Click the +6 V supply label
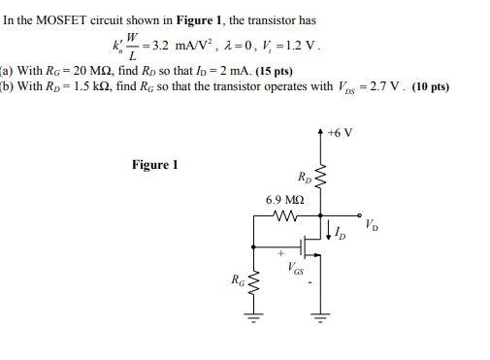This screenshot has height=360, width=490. [340, 132]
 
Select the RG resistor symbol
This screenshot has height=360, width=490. [255, 284]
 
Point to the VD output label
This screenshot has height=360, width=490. [374, 225]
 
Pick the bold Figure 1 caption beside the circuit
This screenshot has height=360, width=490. [155, 165]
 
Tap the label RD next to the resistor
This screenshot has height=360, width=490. [306, 177]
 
